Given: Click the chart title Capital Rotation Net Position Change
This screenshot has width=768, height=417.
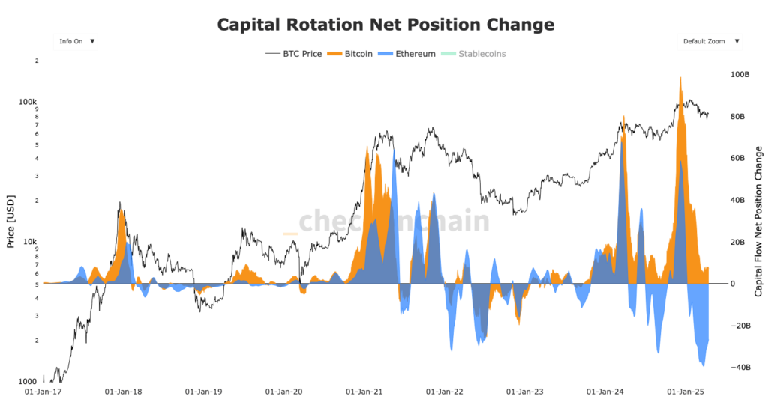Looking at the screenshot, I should pos(385,25).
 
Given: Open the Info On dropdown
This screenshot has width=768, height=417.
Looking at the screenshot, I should pos(76,41).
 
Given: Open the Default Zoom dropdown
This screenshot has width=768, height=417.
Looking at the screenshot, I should pos(709,41).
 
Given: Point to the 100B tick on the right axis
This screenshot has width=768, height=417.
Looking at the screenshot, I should pos(739,75).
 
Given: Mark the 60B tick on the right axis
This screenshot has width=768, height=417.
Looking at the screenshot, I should pos(739,159).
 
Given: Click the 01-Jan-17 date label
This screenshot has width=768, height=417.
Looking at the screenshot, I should pos(43,391).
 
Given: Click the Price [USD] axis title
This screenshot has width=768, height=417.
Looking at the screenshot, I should pos(10,222).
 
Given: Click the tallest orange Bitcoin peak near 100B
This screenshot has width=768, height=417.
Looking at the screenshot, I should pos(679,77).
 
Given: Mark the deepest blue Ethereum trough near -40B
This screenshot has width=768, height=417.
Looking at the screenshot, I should pos(703,365).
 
